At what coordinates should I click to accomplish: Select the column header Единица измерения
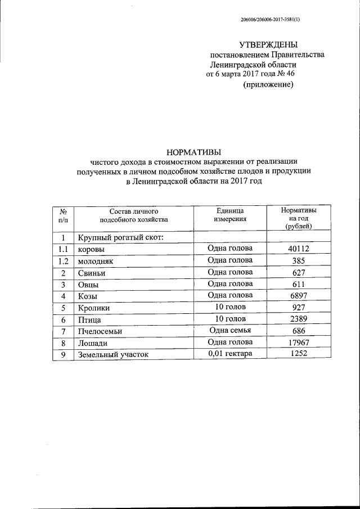(230, 214)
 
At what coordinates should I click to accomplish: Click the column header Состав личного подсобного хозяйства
(134, 214)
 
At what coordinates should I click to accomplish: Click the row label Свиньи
(92, 273)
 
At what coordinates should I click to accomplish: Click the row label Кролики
(94, 308)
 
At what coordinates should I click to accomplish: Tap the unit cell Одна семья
(230, 331)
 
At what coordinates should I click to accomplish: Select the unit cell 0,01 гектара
(230, 354)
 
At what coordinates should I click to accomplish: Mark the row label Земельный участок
(114, 355)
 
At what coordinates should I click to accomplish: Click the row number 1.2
(63, 261)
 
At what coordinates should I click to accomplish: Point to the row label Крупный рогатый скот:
(120, 237)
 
